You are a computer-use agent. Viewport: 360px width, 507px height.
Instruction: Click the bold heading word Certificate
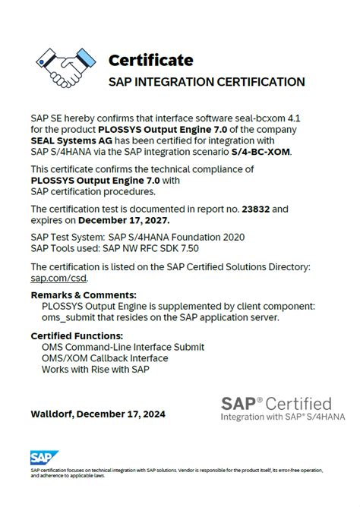point(150,60)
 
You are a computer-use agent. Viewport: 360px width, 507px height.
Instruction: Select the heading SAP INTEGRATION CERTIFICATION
point(207,82)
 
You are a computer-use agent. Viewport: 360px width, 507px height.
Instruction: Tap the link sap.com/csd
point(53,278)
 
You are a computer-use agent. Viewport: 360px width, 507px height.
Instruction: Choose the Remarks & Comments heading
point(84,295)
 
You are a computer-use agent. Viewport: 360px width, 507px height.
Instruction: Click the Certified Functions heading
point(76,335)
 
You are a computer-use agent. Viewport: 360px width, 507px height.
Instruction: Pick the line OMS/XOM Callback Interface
point(105,358)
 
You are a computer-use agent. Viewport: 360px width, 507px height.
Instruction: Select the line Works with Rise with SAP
point(96,370)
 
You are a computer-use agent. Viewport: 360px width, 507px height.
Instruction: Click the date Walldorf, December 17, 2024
point(97,414)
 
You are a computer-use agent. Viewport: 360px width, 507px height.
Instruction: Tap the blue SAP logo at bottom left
point(39,458)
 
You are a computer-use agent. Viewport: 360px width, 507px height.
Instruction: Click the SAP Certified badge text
point(276,403)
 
